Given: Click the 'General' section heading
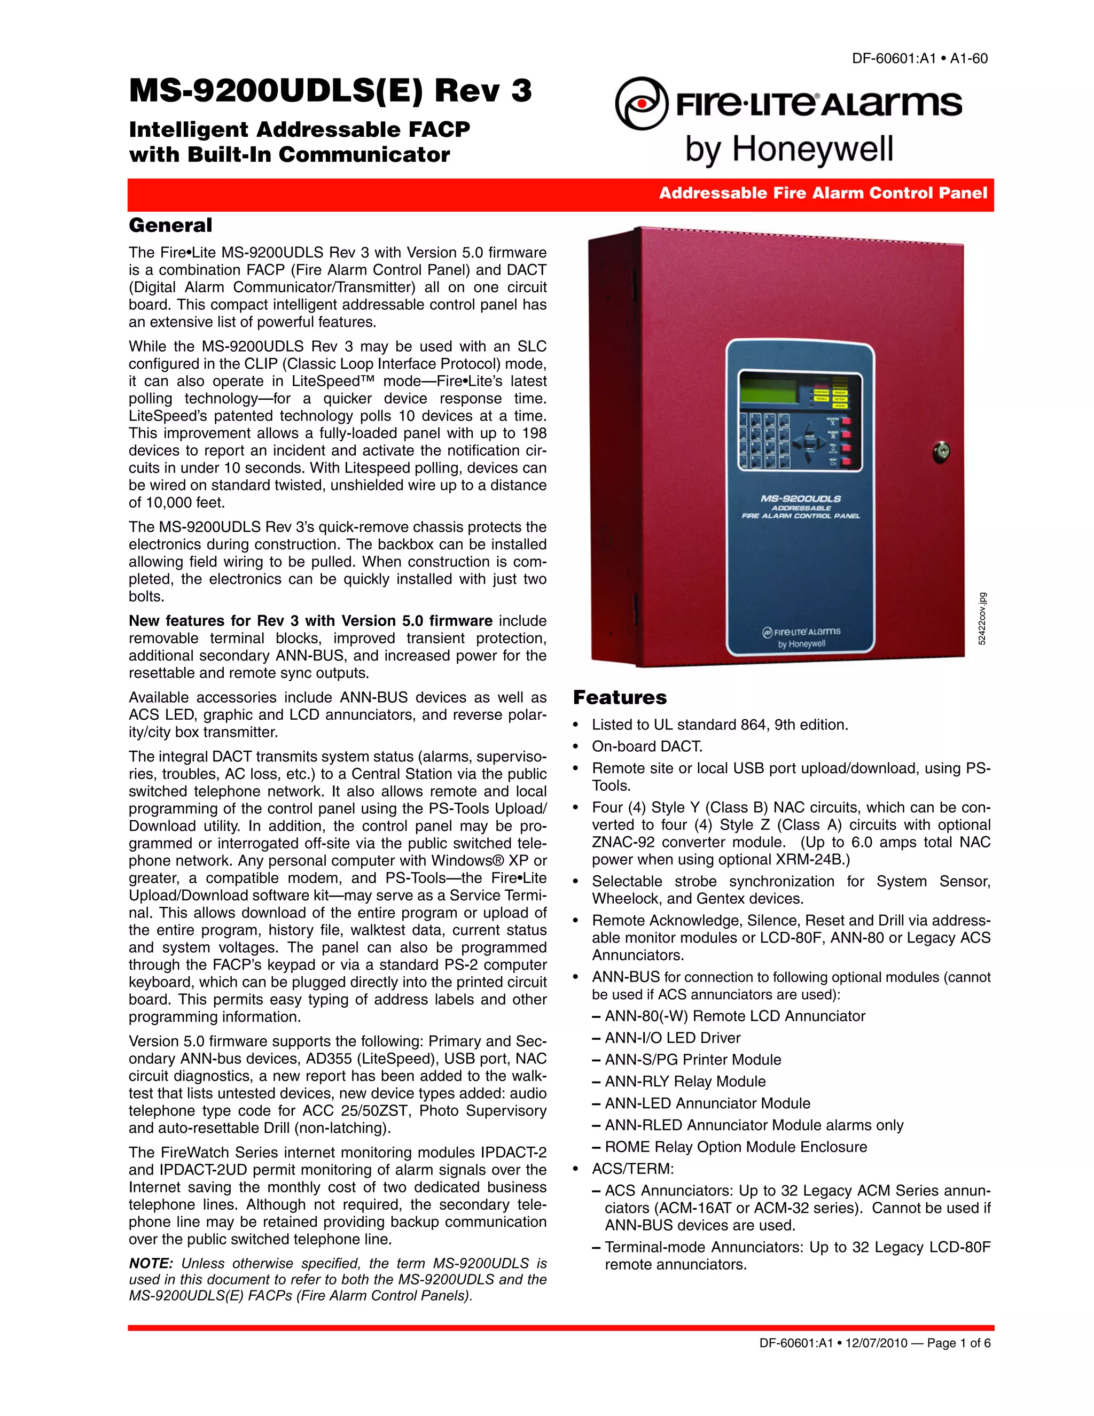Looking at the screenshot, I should pyautogui.click(x=170, y=225).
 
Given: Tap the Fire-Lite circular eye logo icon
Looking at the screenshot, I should pyautogui.click(x=641, y=103).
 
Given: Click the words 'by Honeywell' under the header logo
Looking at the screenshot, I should pyautogui.click(x=789, y=149).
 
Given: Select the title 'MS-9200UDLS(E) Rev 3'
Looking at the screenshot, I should pyautogui.click(x=330, y=90).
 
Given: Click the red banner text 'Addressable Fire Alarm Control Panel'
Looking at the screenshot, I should pyautogui.click(x=823, y=193).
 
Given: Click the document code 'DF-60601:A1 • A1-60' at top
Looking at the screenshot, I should pyautogui.click(x=919, y=58).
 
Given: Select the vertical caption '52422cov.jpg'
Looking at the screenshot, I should pyautogui.click(x=982, y=619).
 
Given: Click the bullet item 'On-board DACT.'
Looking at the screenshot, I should pyautogui.click(x=647, y=746).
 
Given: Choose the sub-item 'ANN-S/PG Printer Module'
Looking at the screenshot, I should pyautogui.click(x=692, y=1060).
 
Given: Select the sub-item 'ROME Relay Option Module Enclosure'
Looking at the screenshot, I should pyautogui.click(x=735, y=1146).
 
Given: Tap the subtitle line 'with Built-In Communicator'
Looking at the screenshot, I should pyautogui.click(x=289, y=154).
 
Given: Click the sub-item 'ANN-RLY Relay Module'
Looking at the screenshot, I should pyautogui.click(x=684, y=1081).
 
